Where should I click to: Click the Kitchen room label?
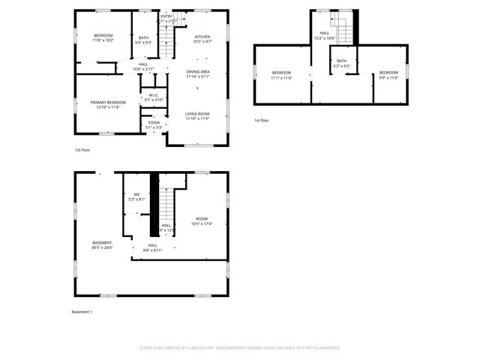(x=202, y=39)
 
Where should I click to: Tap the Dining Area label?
(x=198, y=73)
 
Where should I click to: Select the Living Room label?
(x=197, y=115)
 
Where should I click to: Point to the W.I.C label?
(x=153, y=97)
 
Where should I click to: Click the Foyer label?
(x=154, y=124)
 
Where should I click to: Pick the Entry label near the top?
(x=166, y=18)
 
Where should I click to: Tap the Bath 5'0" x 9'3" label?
(x=142, y=39)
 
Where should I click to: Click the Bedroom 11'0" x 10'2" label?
(x=103, y=39)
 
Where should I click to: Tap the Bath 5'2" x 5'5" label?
(x=341, y=64)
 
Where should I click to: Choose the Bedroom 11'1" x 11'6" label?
(x=281, y=75)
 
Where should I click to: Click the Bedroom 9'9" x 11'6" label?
(x=388, y=75)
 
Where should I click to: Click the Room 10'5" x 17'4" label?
(x=202, y=221)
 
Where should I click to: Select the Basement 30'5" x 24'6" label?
(x=102, y=245)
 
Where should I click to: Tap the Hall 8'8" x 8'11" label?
(x=152, y=247)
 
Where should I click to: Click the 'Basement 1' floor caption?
(x=82, y=311)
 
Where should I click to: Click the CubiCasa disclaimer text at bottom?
(x=240, y=348)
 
